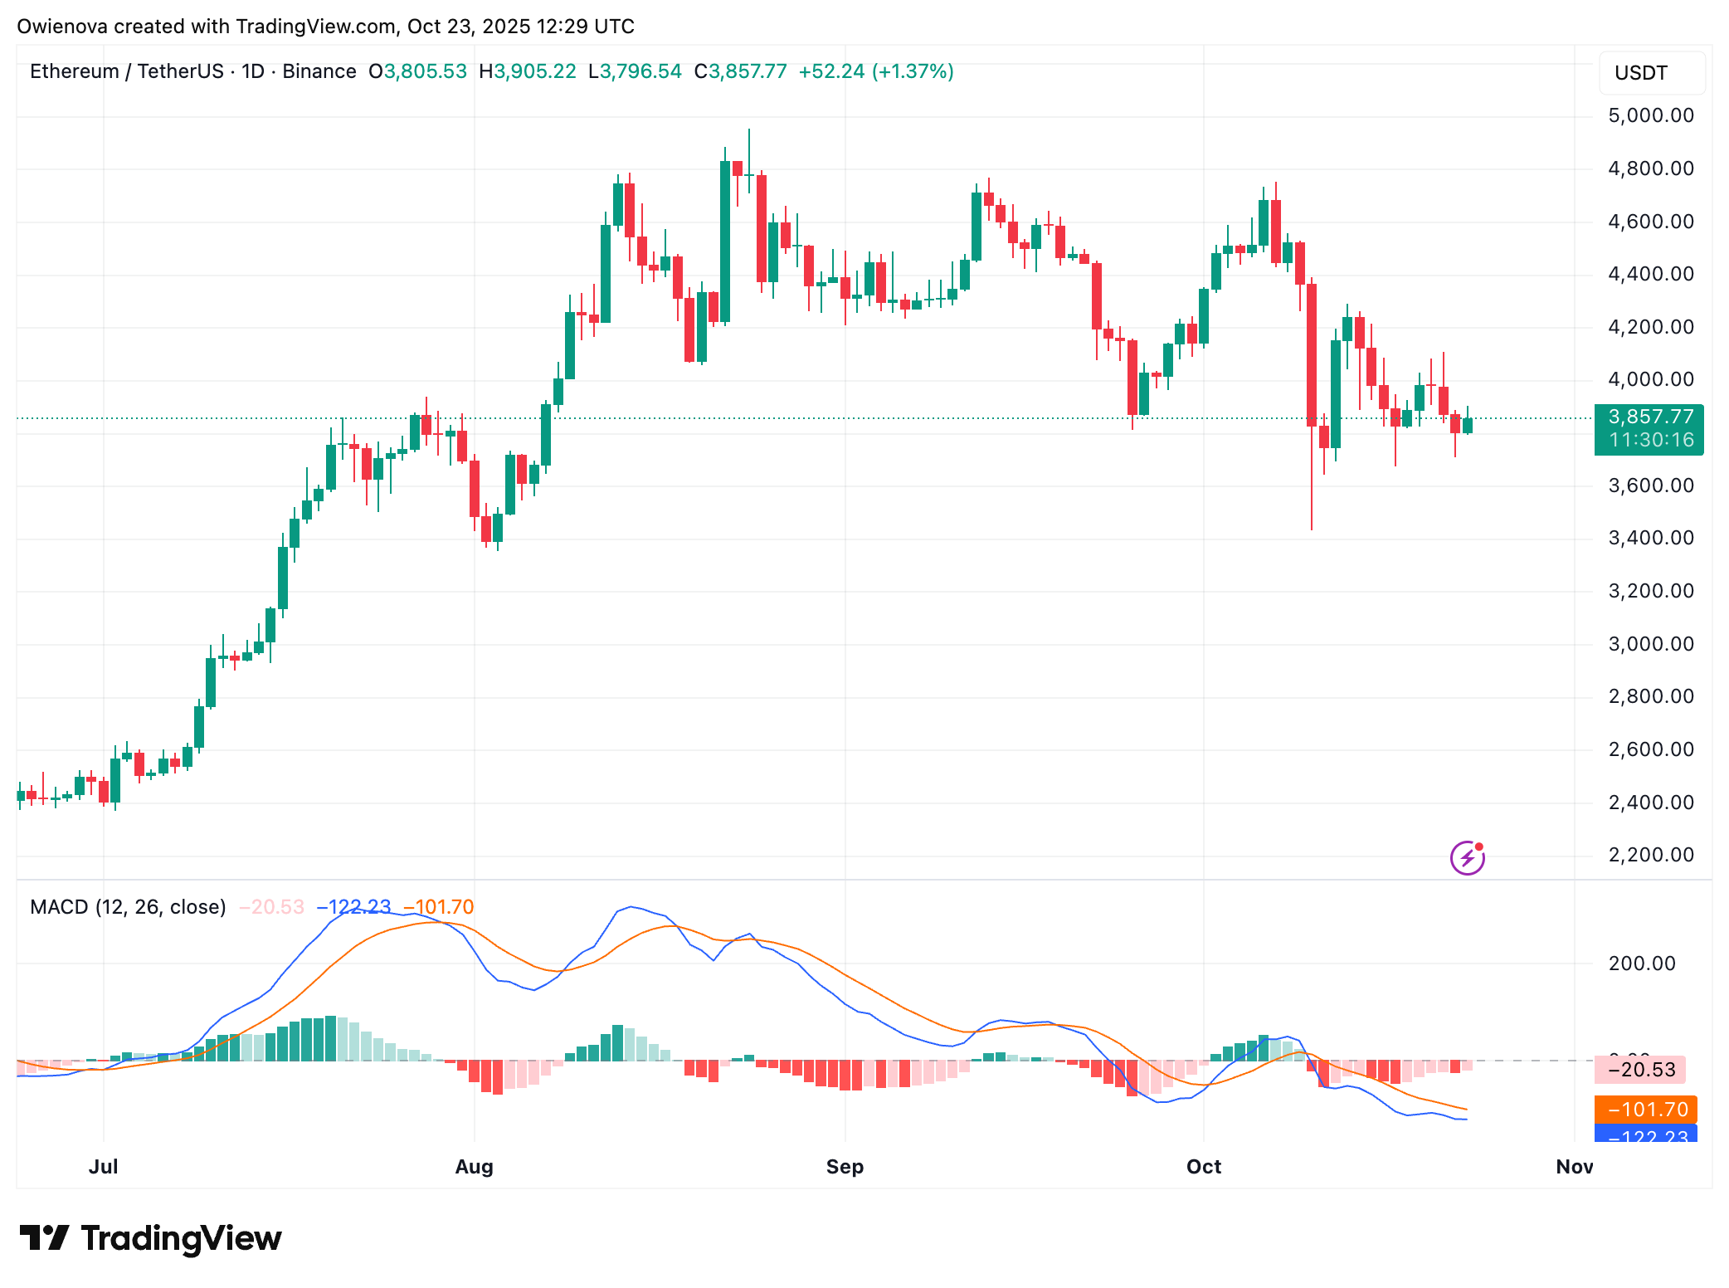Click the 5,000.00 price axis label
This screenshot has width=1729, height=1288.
(1650, 115)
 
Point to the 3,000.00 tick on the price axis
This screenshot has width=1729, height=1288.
(1650, 644)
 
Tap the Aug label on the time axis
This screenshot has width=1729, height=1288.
(474, 1166)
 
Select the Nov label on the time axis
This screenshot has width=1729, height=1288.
(1574, 1166)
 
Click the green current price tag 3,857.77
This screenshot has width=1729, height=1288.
(1649, 417)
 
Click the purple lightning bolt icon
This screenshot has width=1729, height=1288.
(1467, 857)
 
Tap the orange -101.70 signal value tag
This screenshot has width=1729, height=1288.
(1646, 1110)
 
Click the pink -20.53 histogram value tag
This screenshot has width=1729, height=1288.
(1646, 1070)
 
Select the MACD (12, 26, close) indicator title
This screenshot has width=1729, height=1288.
(128, 907)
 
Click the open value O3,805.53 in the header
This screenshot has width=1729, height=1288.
(418, 71)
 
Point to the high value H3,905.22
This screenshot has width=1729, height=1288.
(528, 71)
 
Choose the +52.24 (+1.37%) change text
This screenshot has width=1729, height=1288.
(875, 71)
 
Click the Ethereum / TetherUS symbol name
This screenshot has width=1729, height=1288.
(127, 71)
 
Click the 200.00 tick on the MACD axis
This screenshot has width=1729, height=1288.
(1640, 964)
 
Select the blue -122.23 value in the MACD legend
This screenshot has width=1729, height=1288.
(353, 907)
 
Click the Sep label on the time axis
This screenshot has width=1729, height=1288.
(845, 1166)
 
